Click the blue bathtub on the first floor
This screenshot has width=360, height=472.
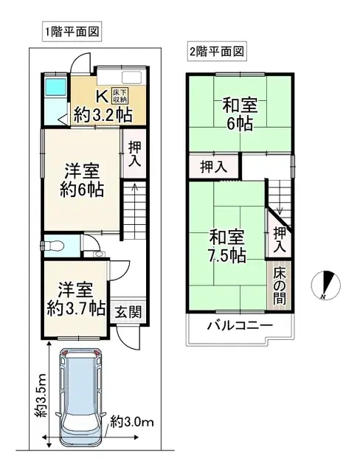(x=53, y=88)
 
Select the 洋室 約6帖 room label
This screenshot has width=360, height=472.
(x=81, y=179)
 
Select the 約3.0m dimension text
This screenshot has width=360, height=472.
(x=132, y=423)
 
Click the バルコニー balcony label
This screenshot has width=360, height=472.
(x=239, y=326)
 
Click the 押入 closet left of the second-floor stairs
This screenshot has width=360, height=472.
(x=214, y=167)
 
